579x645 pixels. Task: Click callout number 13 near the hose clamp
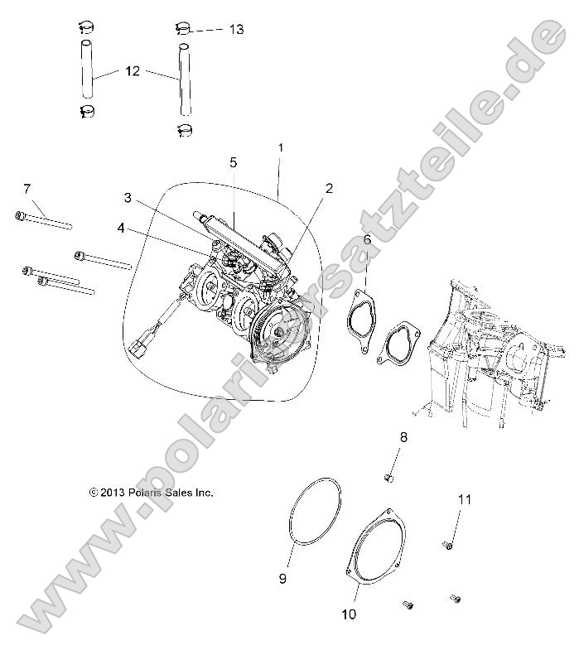coord(236,29)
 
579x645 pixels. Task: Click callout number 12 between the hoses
coord(133,71)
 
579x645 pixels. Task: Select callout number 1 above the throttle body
coord(281,147)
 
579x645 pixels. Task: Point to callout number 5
coord(234,161)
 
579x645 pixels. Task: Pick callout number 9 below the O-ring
coord(282,579)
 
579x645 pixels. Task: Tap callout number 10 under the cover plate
coord(348,614)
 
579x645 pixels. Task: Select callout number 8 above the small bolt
coord(404,436)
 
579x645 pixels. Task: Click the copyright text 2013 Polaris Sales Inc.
coord(152,492)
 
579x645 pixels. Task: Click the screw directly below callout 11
coord(448,544)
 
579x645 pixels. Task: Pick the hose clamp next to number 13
coord(184,29)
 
